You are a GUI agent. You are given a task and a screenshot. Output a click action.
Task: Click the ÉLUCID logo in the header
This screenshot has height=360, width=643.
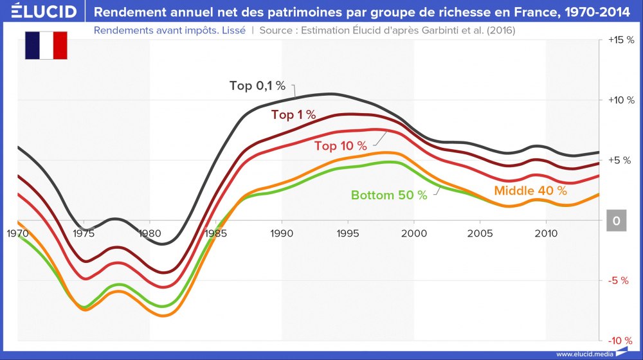pyautogui.click(x=40, y=12)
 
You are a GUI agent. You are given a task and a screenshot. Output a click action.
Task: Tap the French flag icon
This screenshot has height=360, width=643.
pyautogui.click(x=46, y=46)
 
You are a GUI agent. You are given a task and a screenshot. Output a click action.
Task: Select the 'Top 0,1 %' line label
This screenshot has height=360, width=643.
pyautogui.click(x=257, y=86)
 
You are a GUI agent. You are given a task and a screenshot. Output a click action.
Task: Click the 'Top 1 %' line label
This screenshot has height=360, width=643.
pyautogui.click(x=293, y=115)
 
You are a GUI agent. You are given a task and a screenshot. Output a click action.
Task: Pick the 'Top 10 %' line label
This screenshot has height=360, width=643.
pyautogui.click(x=340, y=146)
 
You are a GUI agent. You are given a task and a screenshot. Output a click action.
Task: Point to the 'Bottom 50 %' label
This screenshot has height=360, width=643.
pyautogui.click(x=389, y=195)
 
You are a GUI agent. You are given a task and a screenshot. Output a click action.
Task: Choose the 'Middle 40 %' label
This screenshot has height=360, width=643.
pyautogui.click(x=530, y=191)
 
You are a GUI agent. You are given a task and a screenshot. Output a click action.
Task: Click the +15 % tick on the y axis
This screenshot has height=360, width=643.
pyautogui.click(x=620, y=40)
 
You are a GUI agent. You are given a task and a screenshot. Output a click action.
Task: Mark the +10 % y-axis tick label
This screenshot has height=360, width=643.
pyautogui.click(x=620, y=100)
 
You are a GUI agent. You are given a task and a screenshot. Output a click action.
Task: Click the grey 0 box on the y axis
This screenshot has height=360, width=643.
pyautogui.click(x=616, y=221)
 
